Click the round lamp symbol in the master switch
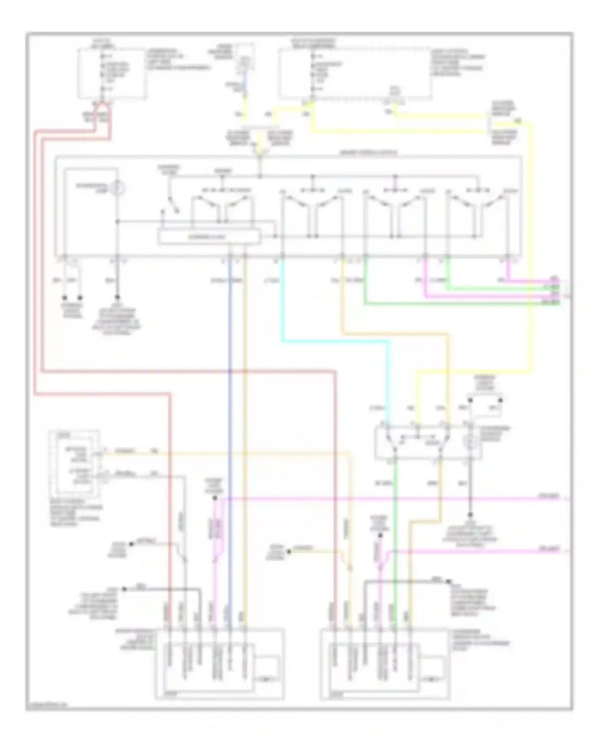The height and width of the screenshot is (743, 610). (x=118, y=188)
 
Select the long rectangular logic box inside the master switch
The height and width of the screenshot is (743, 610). (x=209, y=237)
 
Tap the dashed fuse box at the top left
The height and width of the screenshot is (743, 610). (x=111, y=73)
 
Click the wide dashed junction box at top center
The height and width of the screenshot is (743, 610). (x=354, y=73)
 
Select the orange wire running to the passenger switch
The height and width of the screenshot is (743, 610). (x=447, y=366)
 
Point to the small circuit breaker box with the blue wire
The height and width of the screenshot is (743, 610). (x=245, y=61)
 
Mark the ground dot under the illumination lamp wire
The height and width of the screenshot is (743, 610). (x=118, y=297)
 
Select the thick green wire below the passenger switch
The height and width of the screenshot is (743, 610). (x=394, y=528)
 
